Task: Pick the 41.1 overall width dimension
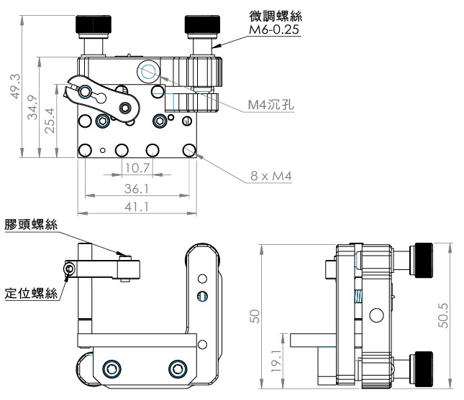click(136, 206)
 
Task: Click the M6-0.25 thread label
click(273, 30)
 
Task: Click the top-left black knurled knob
click(94, 25)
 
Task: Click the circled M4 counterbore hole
click(148, 70)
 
